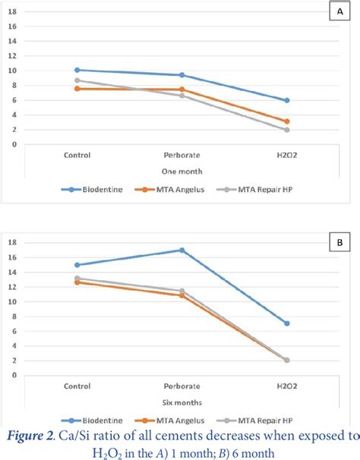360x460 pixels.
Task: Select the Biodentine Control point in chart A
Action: tap(77, 70)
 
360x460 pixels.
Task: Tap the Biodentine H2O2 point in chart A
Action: tap(286, 100)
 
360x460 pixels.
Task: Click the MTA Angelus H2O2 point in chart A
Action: tap(286, 121)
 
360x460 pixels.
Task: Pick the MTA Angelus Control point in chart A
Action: tap(77, 89)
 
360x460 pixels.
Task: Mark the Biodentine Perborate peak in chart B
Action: tap(182, 250)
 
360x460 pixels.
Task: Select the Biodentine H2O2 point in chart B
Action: tap(286, 323)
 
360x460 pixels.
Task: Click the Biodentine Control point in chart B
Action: tap(77, 265)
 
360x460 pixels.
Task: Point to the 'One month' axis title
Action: tap(181, 171)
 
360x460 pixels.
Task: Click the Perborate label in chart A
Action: tap(181, 155)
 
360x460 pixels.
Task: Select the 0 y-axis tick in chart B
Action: tap(25, 375)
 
